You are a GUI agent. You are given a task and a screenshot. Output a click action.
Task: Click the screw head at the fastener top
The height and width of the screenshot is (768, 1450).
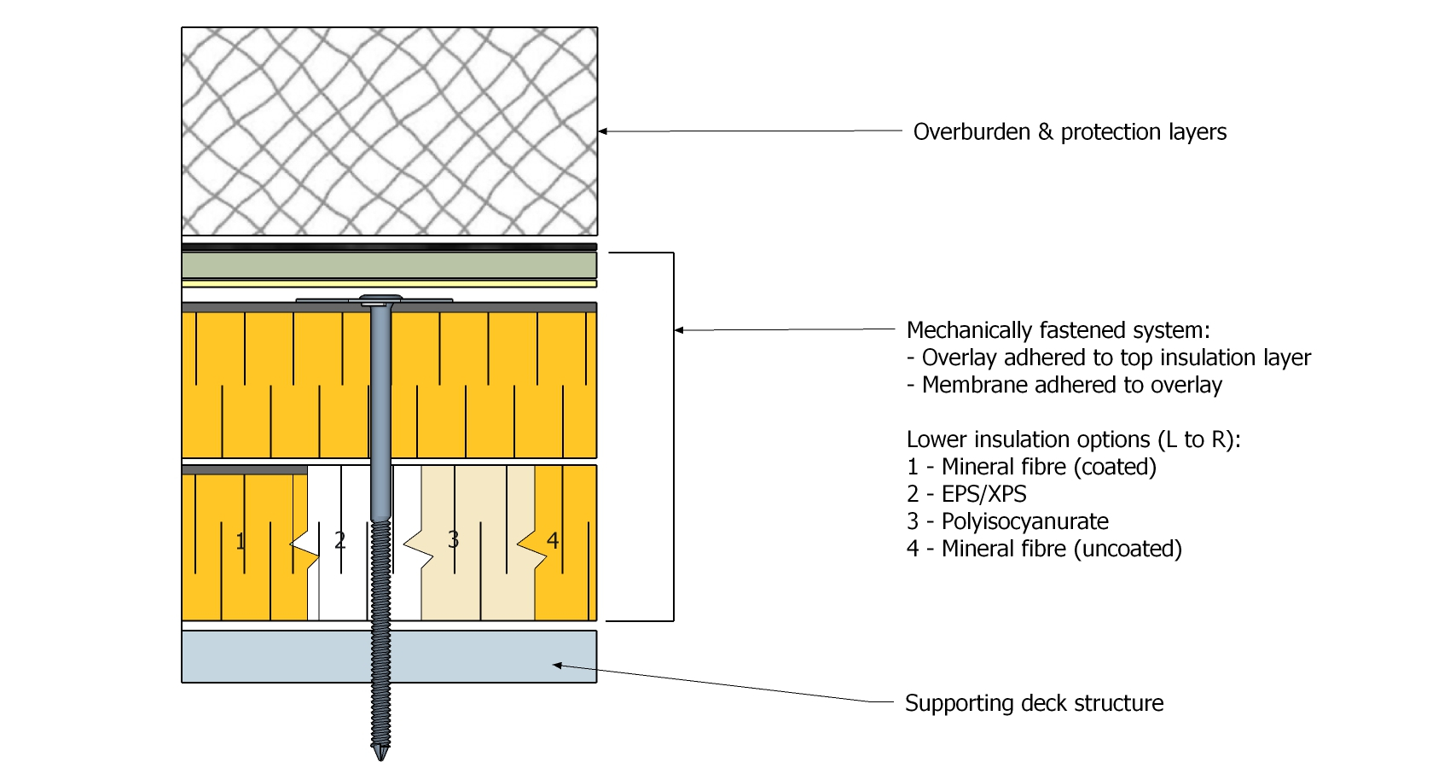(380, 300)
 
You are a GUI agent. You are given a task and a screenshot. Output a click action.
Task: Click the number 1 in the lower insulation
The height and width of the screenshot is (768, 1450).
(241, 541)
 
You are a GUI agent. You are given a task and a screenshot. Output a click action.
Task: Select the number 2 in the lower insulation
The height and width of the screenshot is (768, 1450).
(339, 540)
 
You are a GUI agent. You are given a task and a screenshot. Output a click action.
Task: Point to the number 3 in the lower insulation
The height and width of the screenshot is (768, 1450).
(453, 540)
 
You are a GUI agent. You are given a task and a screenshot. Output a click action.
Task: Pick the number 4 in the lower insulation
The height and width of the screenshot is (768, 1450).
(553, 540)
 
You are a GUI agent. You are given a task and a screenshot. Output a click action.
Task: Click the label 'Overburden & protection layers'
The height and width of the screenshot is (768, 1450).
(1070, 132)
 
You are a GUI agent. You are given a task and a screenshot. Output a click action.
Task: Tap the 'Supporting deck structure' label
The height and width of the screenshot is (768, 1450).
(1034, 703)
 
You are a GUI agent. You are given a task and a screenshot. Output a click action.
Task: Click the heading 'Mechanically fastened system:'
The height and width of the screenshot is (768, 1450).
(1058, 330)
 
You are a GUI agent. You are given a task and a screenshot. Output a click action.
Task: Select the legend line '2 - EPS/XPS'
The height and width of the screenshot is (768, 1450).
(966, 494)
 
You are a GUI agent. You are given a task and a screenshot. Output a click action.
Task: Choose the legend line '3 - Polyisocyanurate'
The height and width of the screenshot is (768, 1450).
(1007, 521)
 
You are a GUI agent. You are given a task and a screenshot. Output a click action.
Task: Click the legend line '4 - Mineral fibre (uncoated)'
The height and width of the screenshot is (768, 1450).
(1044, 549)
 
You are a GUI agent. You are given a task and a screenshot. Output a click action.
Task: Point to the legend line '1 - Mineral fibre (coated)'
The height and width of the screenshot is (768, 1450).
(1031, 467)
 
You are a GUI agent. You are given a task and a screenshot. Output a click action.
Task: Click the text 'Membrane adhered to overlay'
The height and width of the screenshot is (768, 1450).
(1071, 385)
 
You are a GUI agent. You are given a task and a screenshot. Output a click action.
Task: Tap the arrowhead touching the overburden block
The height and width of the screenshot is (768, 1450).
(603, 131)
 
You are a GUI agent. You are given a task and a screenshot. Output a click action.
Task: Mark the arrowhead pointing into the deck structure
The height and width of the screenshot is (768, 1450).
(557, 665)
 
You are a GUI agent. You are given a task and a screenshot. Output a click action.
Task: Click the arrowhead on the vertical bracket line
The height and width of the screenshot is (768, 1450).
(679, 330)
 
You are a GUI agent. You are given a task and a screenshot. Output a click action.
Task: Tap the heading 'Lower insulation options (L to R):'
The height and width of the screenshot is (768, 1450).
(1073, 439)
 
